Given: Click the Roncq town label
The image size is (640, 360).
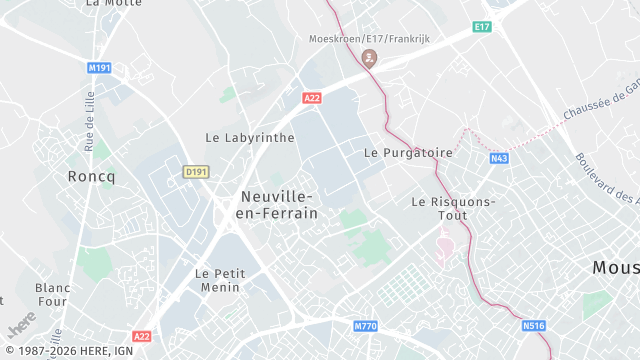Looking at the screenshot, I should click(92, 176).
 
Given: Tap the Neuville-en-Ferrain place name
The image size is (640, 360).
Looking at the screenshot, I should click(276, 205).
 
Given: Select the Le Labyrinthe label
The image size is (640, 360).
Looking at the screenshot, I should click(250, 137).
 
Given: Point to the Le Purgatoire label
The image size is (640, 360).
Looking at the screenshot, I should click(408, 153).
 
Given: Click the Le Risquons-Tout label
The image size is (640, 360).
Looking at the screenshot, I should click(453, 207).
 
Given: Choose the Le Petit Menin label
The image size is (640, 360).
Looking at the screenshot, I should click(217, 280).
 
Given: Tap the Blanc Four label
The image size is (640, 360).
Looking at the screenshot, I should click(52, 294).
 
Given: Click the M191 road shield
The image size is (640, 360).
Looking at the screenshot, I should click(98, 68).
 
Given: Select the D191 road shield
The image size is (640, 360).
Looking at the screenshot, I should click(196, 172).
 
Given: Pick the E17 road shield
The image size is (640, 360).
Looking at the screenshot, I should click(483, 25).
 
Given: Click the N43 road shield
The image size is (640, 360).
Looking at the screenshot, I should click(499, 158).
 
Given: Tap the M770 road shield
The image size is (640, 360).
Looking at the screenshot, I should click(366, 326).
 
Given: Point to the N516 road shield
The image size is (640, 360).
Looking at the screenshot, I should click(534, 325).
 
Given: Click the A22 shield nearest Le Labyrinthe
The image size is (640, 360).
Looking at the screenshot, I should click(312, 97).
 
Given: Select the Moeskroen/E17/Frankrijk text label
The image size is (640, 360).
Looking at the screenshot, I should click(370, 38).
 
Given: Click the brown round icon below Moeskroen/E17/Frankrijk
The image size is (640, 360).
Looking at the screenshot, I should click(370, 58).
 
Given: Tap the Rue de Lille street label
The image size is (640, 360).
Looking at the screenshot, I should click(89, 116).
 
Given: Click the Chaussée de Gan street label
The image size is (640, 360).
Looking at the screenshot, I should click(601, 103).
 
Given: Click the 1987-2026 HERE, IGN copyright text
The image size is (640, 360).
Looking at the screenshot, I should click(68, 351).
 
